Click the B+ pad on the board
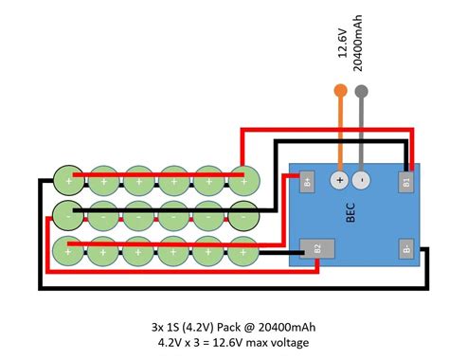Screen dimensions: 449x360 pos(307,182)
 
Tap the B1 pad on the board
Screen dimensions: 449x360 pos(406,182)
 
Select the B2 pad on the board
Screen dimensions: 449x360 pos(317,248)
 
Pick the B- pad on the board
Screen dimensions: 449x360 pos(406,248)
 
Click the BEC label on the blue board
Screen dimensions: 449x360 pos(350,213)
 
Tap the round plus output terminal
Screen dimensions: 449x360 pos(339,180)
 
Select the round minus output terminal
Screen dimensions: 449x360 pos(361,180)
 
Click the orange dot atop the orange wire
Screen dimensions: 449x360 pos(340,91)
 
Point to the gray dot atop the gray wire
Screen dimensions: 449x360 pos(362,92)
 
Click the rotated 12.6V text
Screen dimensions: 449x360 pos(343,44)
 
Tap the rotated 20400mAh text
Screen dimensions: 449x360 pos(357,43)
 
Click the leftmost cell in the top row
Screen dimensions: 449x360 pos(68,181)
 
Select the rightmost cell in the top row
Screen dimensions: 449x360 pos(244,181)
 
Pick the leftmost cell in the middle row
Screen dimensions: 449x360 pos(68,216)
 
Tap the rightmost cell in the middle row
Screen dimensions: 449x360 pos(243,216)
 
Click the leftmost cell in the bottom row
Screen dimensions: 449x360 pos(67,252)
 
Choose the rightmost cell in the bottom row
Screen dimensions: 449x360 pos(243,252)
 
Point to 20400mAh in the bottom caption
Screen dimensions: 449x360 pos(287,327)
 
